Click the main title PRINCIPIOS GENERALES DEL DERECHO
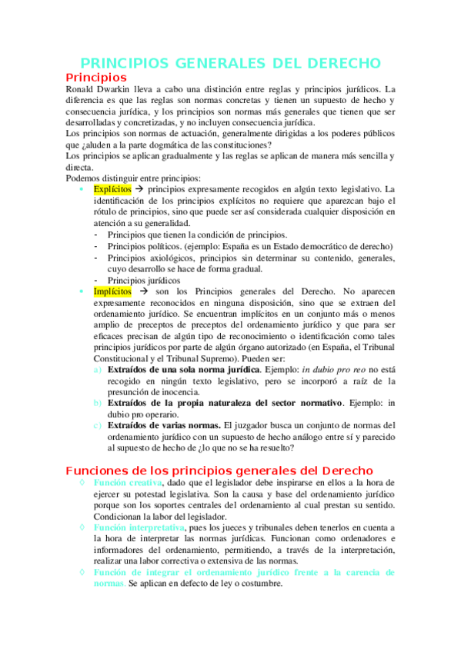pyautogui.click(x=230, y=63)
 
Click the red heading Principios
pyautogui.click(x=96, y=78)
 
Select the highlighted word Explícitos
pyautogui.click(x=112, y=189)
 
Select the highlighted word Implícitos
pyautogui.click(x=112, y=292)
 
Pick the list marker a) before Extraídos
pyautogui.click(x=97, y=370)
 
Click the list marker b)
pyautogui.click(x=97, y=403)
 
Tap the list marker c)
pyautogui.click(x=97, y=425)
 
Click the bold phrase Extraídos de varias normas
pyautogui.click(x=165, y=425)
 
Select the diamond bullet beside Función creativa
pyautogui.click(x=82, y=482)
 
